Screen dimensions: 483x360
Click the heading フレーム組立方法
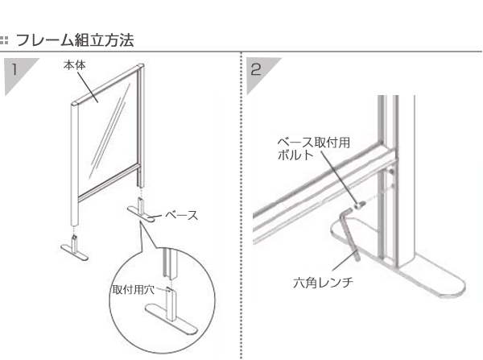(75, 40)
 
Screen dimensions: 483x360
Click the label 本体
(75, 65)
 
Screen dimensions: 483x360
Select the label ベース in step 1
(181, 215)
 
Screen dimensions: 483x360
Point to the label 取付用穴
(133, 290)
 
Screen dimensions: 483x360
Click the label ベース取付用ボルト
(313, 148)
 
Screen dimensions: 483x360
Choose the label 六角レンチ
(323, 283)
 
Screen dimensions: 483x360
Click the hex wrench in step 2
(349, 234)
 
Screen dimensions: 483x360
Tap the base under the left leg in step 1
(75, 248)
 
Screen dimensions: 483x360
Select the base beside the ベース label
(141, 210)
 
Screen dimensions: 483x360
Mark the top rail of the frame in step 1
(108, 84)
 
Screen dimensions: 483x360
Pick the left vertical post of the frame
(75, 164)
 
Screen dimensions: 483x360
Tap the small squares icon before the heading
(4, 40)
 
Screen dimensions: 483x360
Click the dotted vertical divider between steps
(242, 205)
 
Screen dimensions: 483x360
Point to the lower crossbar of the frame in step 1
(109, 184)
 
